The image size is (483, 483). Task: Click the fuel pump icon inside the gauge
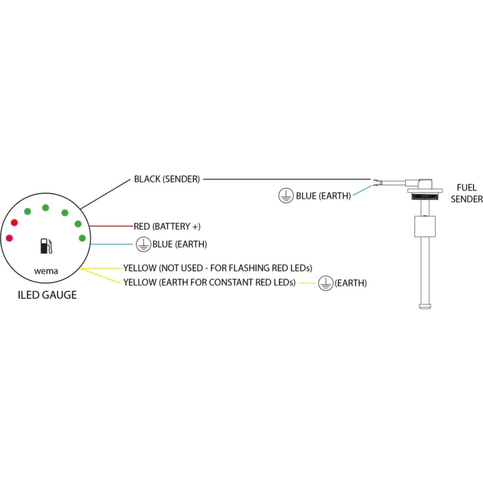(x=46, y=246)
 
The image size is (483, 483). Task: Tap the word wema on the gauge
(x=46, y=271)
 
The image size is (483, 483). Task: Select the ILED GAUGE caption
(x=47, y=295)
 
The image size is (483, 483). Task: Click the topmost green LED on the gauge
(x=45, y=208)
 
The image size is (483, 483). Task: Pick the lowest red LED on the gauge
(x=9, y=238)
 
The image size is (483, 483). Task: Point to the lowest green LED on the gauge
(x=82, y=238)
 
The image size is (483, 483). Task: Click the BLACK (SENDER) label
(x=167, y=179)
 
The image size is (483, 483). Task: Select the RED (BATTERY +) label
(x=167, y=227)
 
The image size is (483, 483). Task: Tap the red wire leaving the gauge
(x=111, y=226)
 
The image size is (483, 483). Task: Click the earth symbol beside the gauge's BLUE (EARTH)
(x=143, y=244)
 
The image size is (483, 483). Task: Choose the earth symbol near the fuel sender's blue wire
(x=286, y=196)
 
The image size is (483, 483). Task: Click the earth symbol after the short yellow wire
(x=326, y=283)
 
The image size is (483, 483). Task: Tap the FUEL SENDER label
(x=467, y=193)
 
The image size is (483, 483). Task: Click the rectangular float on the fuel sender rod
(x=425, y=227)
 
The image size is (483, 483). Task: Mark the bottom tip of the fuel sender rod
(x=425, y=308)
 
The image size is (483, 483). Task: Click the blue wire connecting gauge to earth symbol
(x=112, y=244)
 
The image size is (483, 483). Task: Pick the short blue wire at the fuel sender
(x=363, y=190)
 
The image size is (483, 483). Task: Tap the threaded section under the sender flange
(x=425, y=197)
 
